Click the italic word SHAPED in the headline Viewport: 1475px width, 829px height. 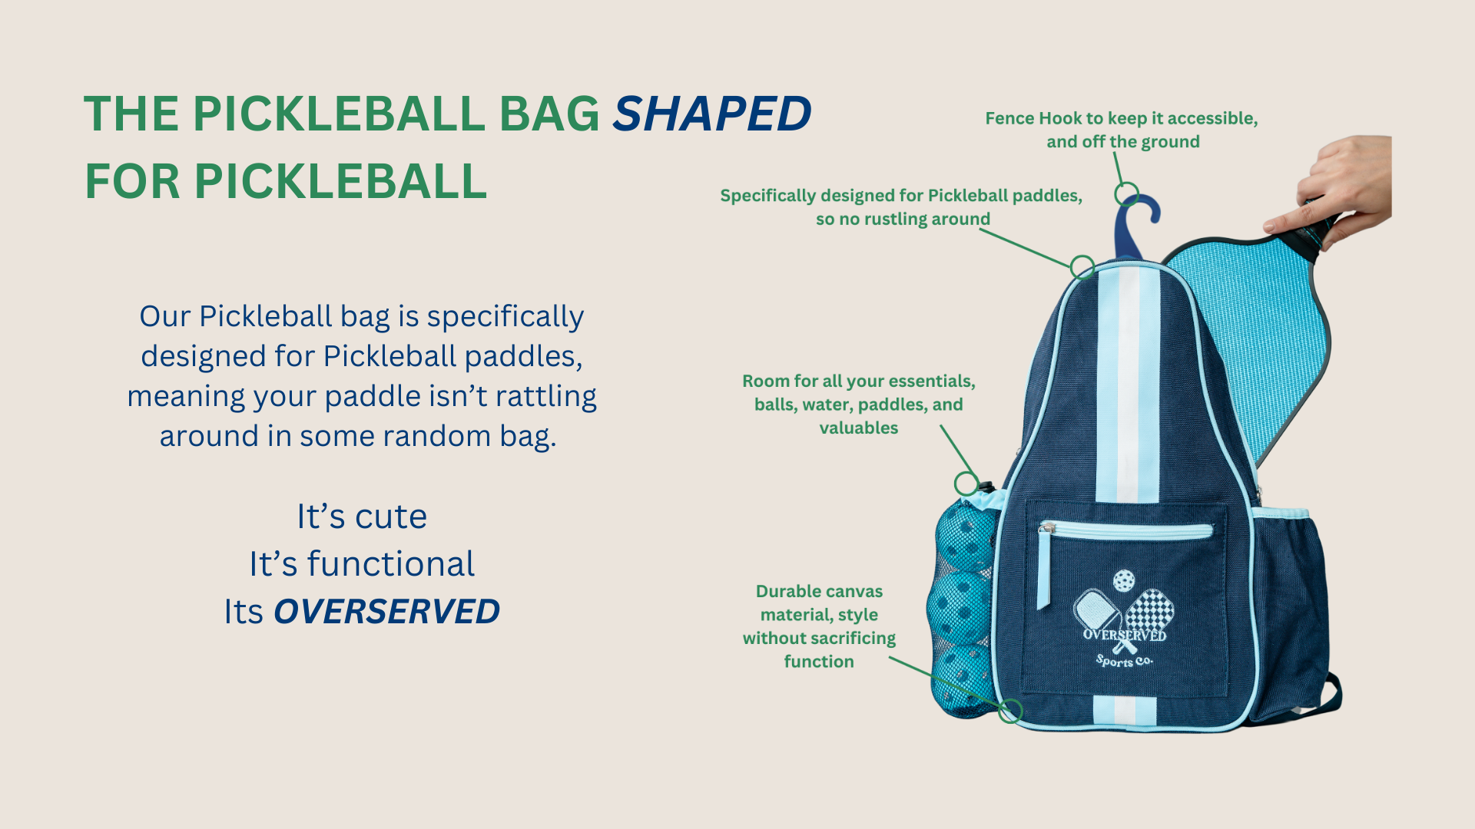point(711,114)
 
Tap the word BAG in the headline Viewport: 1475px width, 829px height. point(549,114)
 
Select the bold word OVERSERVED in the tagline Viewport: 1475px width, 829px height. point(386,612)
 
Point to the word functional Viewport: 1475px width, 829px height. point(391,563)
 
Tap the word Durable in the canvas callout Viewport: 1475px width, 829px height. point(787,591)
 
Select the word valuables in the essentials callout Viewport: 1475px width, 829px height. point(859,428)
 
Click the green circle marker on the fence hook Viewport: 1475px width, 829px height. point(1126,193)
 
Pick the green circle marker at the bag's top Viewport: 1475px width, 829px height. point(1082,266)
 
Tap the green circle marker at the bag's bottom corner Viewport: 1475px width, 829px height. point(1010,711)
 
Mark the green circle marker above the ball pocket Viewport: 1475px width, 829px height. point(966,484)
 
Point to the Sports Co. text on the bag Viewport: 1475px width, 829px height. point(1124,660)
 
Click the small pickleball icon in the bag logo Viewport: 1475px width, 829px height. point(1124,580)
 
